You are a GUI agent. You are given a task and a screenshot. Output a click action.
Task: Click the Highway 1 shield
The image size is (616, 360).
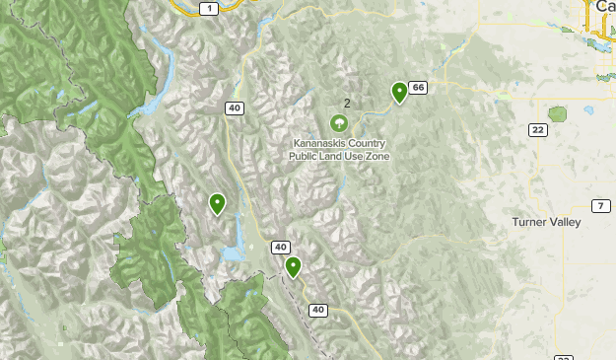pyautogui.click(x=207, y=8)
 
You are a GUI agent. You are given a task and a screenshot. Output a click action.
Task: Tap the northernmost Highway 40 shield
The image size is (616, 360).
pyautogui.click(x=233, y=108)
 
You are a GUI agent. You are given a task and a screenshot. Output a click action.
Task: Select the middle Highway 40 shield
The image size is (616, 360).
pyautogui.click(x=281, y=247)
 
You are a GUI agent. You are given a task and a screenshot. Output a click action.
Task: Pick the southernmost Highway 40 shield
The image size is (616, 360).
pyautogui.click(x=317, y=310)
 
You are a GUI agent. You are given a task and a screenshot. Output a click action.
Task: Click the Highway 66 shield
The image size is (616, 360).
pyautogui.click(x=419, y=88)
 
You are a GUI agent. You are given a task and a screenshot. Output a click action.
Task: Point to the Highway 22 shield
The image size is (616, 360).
pyautogui.click(x=538, y=130)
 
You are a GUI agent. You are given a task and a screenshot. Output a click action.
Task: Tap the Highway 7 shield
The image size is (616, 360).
pyautogui.click(x=600, y=205)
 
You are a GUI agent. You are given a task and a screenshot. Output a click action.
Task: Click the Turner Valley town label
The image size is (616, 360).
pyautogui.click(x=546, y=223)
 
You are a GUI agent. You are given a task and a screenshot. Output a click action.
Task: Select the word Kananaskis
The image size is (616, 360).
pyautogui.click(x=318, y=143)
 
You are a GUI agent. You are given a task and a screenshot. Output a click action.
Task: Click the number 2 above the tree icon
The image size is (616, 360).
pyautogui.click(x=347, y=103)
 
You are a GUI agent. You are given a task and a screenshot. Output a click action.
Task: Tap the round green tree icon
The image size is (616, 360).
pyautogui.click(x=339, y=122)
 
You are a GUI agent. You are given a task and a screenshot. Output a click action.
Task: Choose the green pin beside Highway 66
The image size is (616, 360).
pyautogui.click(x=399, y=92)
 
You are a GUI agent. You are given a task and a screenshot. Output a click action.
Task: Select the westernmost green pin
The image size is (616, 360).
pyautogui.click(x=217, y=203)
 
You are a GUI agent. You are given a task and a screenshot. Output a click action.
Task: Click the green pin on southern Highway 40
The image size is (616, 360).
pyautogui.click(x=293, y=266)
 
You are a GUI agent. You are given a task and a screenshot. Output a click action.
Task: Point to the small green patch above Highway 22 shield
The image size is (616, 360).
pyautogui.click(x=559, y=113)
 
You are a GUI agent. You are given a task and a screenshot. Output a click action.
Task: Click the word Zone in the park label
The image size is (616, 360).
pyautogui.click(x=371, y=156)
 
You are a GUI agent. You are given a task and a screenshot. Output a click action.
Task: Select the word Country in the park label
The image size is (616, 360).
pyautogui.click(x=366, y=143)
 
